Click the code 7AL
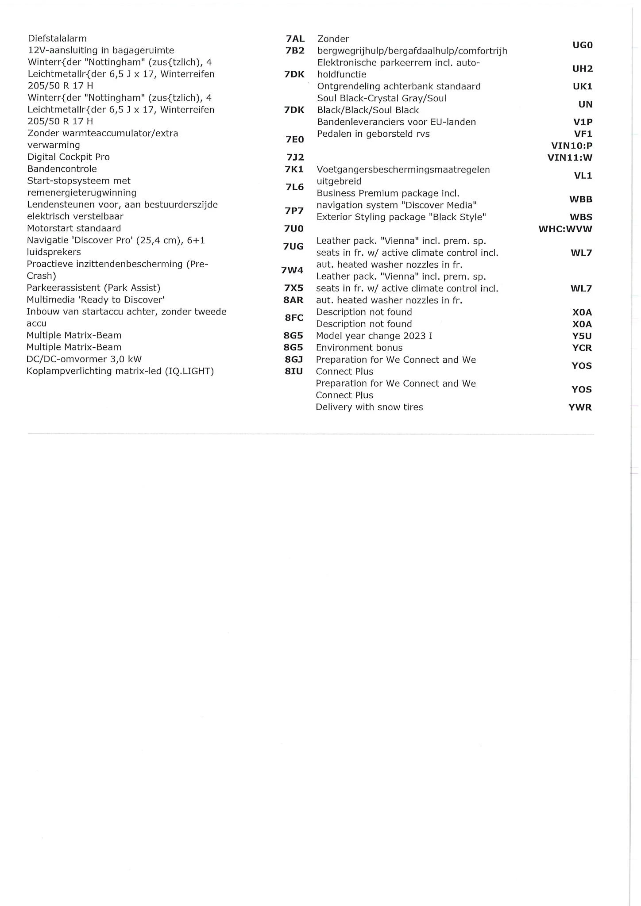[x=295, y=39]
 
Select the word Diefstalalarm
[x=57, y=38]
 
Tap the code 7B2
[x=295, y=50]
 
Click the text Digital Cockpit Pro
[x=68, y=157]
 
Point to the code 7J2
[x=294, y=157]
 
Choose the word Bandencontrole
[x=62, y=169]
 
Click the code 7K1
[x=294, y=169]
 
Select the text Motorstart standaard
[x=74, y=228]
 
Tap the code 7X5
[x=293, y=288]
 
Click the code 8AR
[x=293, y=300]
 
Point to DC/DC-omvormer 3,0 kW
[x=84, y=359]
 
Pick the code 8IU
[x=293, y=371]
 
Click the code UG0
[x=582, y=45]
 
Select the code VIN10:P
[x=571, y=146]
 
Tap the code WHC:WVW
[x=565, y=229]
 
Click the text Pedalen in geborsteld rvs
[x=373, y=134]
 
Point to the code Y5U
[x=582, y=336]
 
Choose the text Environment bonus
[x=359, y=348]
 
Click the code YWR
[x=580, y=407]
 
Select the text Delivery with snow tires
[x=369, y=407]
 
